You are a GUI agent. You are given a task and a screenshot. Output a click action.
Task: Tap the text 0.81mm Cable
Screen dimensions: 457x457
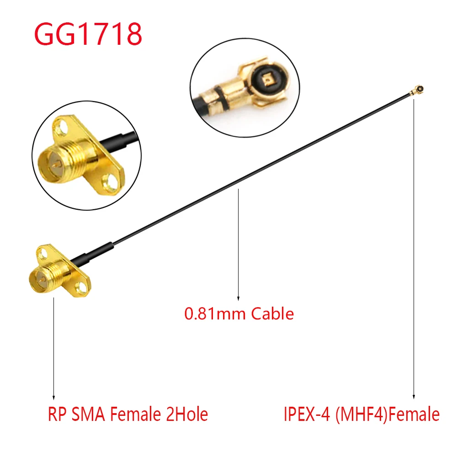point(239,314)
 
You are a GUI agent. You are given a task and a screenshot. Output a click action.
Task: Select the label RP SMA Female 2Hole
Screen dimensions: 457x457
point(128,414)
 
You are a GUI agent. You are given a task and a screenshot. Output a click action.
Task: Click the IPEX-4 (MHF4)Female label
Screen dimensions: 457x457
point(361,414)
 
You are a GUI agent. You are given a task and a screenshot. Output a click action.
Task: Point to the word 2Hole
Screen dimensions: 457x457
point(185,414)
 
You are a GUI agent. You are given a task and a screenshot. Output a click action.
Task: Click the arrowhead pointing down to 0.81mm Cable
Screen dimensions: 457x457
point(238,298)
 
